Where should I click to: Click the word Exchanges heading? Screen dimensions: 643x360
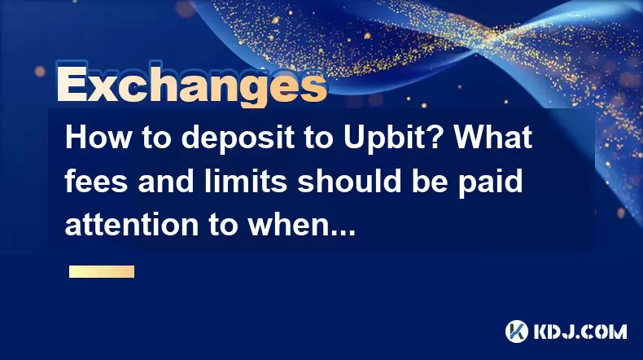pos(192,84)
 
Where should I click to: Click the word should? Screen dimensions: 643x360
pos(349,181)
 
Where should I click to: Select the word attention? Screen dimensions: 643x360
pos(132,224)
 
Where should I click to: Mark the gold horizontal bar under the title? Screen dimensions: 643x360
pos(102,272)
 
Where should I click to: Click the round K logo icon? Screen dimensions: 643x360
pos(517,331)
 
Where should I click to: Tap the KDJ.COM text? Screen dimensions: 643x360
pos(580,331)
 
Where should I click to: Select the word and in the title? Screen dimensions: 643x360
pos(166,181)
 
